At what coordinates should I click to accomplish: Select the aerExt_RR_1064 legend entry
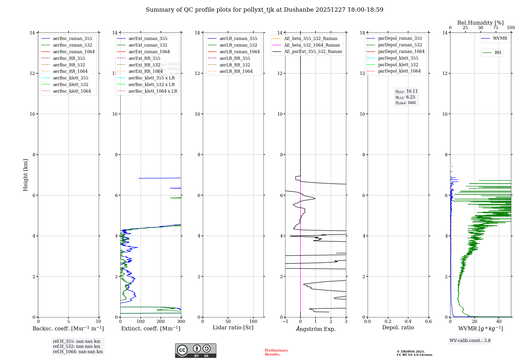click(x=145, y=71)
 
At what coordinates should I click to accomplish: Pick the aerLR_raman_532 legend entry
click(x=238, y=45)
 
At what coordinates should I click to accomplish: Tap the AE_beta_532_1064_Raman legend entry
click(x=312, y=45)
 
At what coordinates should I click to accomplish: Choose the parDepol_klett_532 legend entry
click(x=398, y=65)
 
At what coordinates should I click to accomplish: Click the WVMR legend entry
click(x=500, y=38)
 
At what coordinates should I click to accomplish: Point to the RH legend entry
click(x=498, y=53)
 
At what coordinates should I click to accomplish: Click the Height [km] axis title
click(x=25, y=175)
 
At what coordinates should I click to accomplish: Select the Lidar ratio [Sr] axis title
click(x=233, y=328)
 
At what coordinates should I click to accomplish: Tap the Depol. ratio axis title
click(x=398, y=328)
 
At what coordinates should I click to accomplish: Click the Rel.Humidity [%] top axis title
click(x=480, y=23)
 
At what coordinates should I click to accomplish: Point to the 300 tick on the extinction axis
click(x=181, y=322)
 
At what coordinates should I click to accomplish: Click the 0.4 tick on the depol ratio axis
click(x=408, y=322)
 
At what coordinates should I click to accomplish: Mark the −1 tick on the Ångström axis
click(x=285, y=322)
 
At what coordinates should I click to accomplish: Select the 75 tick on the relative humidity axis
click(x=496, y=28)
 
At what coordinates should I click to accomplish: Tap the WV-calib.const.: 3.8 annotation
click(x=470, y=341)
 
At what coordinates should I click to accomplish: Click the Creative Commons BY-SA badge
click(x=195, y=351)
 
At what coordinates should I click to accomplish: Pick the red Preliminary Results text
click(x=276, y=352)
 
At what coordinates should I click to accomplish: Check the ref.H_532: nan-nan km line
click(x=76, y=346)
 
